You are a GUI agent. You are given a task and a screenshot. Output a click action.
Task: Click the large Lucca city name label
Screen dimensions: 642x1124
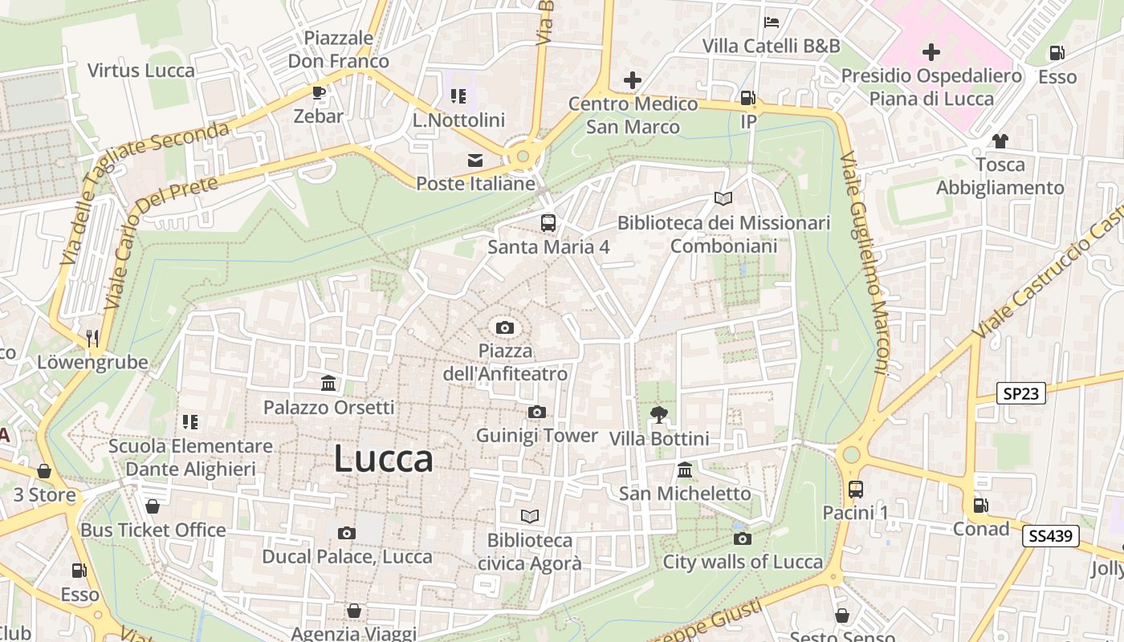pyautogui.click(x=384, y=459)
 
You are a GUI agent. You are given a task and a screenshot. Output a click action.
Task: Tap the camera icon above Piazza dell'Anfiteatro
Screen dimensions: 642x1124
pyautogui.click(x=505, y=327)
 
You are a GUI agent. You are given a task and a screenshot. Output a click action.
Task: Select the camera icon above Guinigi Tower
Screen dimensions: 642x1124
pyautogui.click(x=537, y=412)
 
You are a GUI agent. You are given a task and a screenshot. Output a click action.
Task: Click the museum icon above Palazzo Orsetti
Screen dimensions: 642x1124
pyautogui.click(x=328, y=384)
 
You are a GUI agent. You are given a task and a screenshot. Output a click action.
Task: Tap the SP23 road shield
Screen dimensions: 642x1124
pyautogui.click(x=1021, y=393)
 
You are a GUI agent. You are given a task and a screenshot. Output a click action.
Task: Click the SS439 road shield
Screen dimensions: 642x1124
pyautogui.click(x=1050, y=536)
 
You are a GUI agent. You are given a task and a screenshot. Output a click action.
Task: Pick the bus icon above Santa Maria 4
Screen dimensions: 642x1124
pyautogui.click(x=548, y=223)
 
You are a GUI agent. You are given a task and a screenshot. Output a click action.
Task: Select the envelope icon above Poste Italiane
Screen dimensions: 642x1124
pyautogui.click(x=475, y=160)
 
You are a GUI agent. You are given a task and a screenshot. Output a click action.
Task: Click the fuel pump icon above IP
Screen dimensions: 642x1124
pyautogui.click(x=748, y=98)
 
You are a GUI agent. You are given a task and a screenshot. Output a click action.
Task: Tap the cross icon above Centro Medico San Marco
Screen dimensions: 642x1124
pyautogui.click(x=633, y=80)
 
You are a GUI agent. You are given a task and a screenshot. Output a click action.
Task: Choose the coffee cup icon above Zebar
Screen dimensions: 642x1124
pyautogui.click(x=319, y=92)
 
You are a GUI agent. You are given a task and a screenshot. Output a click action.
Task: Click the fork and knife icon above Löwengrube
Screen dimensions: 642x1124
pyautogui.click(x=92, y=339)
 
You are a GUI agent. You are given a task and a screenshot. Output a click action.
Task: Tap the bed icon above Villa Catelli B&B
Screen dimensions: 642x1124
pyautogui.click(x=772, y=22)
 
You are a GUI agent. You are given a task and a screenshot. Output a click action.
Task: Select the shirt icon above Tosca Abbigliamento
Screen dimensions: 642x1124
pyautogui.click(x=1000, y=141)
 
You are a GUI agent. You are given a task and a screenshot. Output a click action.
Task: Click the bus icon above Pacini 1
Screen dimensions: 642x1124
pyautogui.click(x=856, y=489)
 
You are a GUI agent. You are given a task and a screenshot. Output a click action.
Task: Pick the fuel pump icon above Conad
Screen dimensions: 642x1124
pyautogui.click(x=980, y=506)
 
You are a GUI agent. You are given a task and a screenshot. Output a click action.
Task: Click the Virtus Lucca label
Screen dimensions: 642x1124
pyautogui.click(x=141, y=71)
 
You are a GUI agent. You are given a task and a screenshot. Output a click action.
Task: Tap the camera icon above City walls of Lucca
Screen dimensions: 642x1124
pyautogui.click(x=743, y=538)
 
